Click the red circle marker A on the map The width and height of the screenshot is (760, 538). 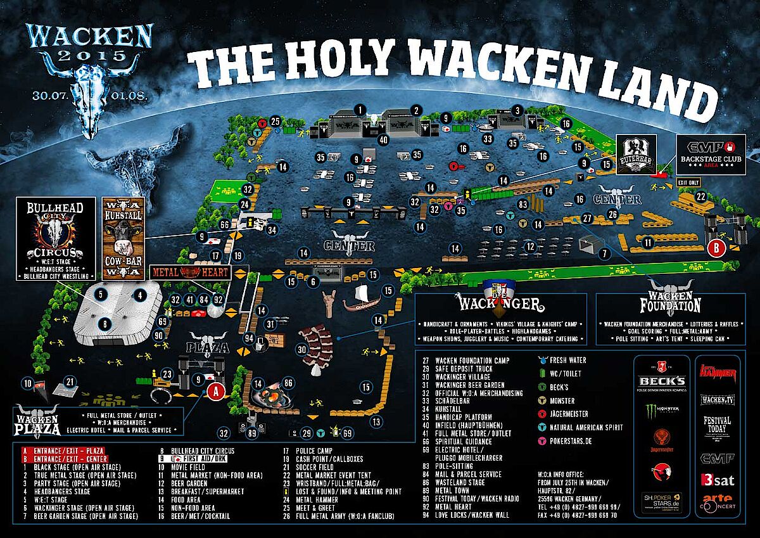[216, 392]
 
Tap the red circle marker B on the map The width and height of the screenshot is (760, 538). [716, 248]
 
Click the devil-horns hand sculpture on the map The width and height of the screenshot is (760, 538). [329, 304]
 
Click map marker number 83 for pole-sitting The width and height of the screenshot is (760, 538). [522, 205]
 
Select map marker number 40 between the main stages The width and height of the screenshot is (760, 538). [383, 139]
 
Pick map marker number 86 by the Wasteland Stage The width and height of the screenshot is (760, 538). [288, 383]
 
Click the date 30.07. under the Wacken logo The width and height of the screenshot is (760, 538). [53, 96]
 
